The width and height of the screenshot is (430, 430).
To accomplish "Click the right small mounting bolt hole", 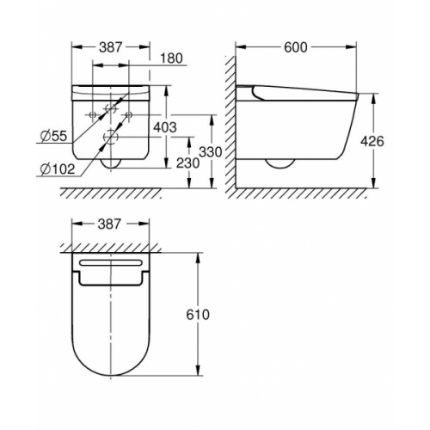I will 128,114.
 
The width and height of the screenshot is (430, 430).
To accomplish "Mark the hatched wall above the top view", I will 112,249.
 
